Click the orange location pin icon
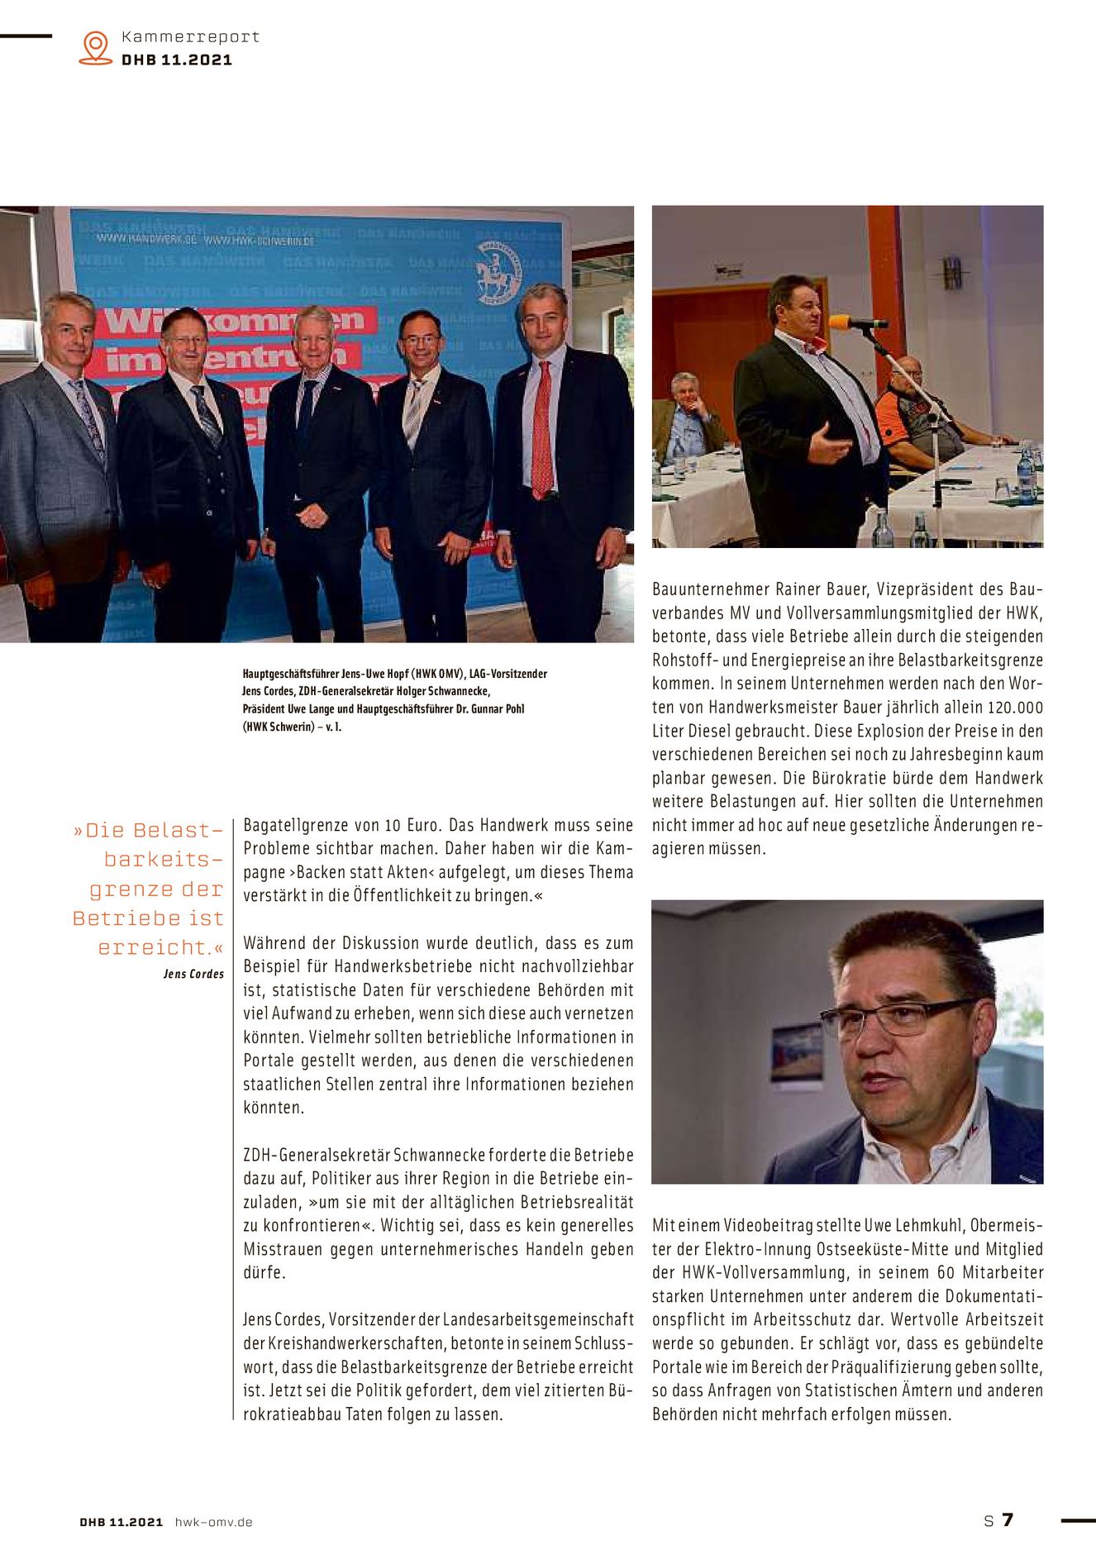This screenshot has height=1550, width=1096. click(x=96, y=47)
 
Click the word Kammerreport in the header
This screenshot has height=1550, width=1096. click(x=190, y=37)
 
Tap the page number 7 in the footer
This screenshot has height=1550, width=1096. click(x=1008, y=1519)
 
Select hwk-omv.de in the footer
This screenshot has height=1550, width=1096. click(x=213, y=1522)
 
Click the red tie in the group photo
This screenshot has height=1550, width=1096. click(x=541, y=430)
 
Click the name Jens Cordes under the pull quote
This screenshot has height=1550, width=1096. click(x=193, y=974)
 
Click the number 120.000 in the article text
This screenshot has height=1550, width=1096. click(x=1015, y=708)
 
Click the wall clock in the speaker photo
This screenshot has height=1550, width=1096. click(x=952, y=272)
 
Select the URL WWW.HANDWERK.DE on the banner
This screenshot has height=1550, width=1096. click(x=146, y=239)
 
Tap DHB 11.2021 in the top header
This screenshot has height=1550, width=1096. click(x=177, y=60)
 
